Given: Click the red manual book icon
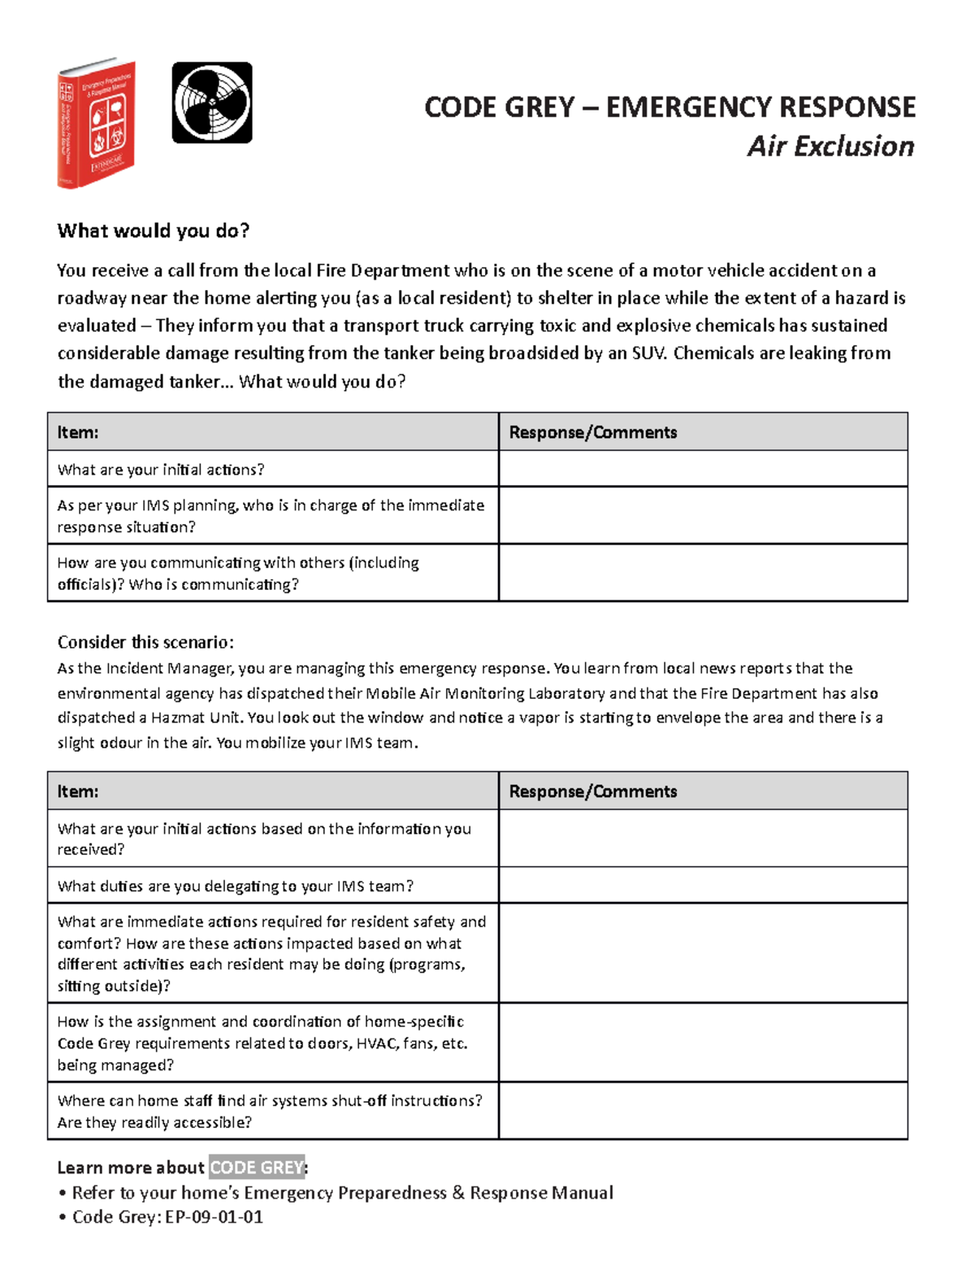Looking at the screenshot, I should (x=96, y=124).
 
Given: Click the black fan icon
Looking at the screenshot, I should (x=212, y=103).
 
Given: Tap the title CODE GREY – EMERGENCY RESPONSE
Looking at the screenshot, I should (x=669, y=107).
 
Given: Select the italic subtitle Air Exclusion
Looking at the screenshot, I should (x=830, y=146).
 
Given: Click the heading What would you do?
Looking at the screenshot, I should (x=154, y=231).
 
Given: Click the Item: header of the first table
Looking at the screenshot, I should (x=78, y=432).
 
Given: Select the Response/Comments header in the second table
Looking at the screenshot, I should (x=592, y=791).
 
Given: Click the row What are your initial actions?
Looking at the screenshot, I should (x=161, y=470).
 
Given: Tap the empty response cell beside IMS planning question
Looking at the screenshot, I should (x=703, y=515).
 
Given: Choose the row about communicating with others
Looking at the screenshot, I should (x=237, y=573).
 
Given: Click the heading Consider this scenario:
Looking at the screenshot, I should (x=145, y=642).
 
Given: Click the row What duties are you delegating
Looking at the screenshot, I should (x=235, y=886).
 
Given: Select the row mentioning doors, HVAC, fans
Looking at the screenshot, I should (x=262, y=1043).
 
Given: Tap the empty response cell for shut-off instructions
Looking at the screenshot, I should (x=703, y=1111).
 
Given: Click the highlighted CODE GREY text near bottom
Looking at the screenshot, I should (x=257, y=1168).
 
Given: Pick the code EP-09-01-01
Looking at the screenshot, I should (x=214, y=1216).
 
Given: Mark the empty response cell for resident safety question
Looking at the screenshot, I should (x=703, y=953).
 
